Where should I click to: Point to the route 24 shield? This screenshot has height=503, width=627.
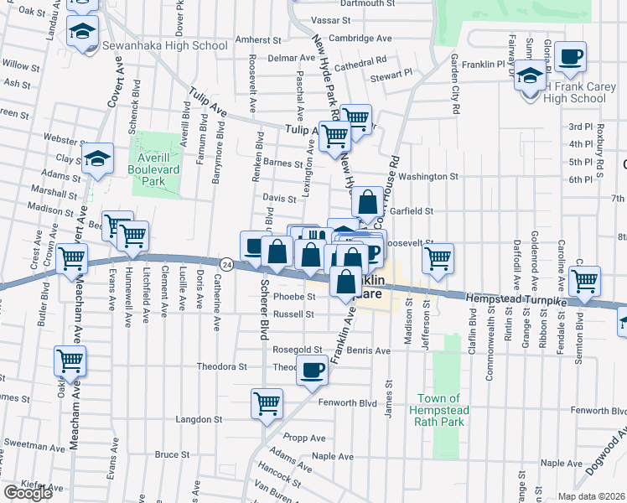pos(227,263)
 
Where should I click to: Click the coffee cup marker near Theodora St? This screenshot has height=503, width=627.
pos(313,371)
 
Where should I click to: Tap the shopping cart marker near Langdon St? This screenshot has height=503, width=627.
pos(267,405)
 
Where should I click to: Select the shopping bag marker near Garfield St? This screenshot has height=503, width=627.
pos(367,202)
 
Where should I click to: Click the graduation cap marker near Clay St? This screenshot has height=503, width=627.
pos(98,158)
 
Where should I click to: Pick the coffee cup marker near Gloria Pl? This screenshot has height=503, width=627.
pos(570,57)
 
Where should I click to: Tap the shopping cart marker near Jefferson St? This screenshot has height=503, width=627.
pos(437,258)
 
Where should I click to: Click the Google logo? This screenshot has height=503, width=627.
pos(28,493)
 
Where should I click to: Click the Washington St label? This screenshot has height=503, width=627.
pos(428,177)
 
